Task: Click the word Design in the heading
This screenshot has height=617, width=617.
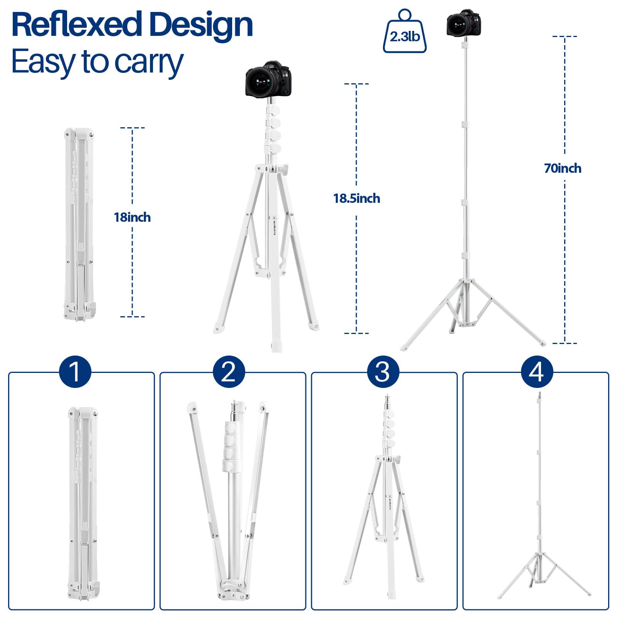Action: (201, 25)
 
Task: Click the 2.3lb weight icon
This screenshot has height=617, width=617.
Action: (405, 35)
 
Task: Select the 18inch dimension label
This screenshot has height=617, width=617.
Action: (132, 217)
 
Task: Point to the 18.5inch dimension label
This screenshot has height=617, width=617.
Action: (356, 199)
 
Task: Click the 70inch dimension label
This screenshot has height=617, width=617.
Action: (563, 169)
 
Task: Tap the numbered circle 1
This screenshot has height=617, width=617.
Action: (75, 372)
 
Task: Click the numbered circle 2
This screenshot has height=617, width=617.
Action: (229, 372)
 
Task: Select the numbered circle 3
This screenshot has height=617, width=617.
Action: (383, 372)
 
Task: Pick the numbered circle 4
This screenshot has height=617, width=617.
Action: (537, 372)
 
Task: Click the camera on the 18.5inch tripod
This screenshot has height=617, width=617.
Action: (267, 79)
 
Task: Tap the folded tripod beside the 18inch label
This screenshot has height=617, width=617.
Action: (79, 224)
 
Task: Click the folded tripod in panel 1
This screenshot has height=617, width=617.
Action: (83, 501)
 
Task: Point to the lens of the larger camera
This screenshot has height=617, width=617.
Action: (262, 82)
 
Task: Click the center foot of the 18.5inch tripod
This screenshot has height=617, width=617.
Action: (276, 345)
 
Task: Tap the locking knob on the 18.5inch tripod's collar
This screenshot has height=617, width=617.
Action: (285, 169)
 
